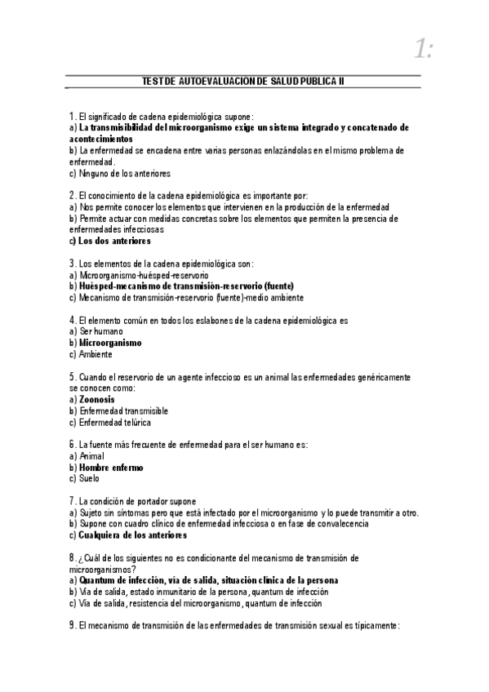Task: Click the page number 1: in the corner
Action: pyautogui.click(x=422, y=51)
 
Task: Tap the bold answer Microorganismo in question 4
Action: pyautogui.click(x=110, y=344)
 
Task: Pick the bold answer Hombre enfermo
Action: pyautogui.click(x=110, y=468)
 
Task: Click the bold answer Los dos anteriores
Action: pyautogui.click(x=114, y=242)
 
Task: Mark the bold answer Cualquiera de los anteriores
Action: pyautogui.click(x=132, y=535)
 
